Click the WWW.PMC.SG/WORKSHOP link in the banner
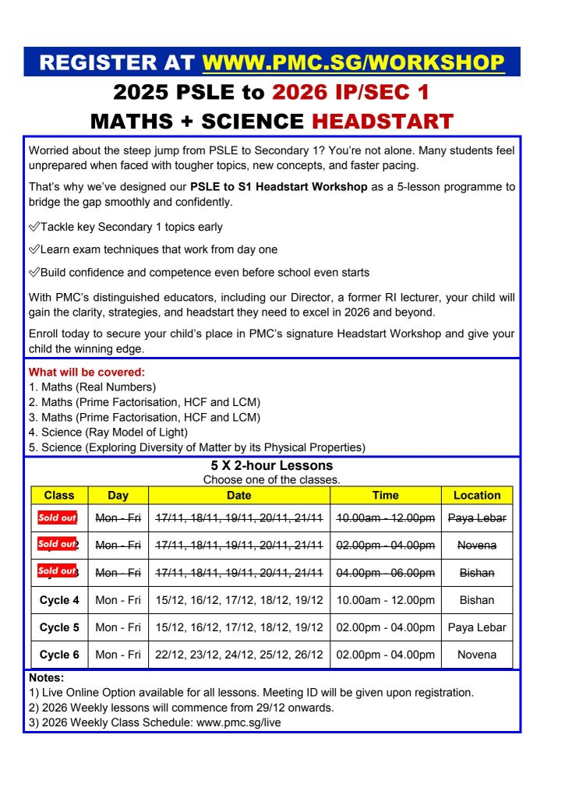tap(353, 62)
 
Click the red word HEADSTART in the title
tap(383, 122)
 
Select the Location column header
tap(477, 495)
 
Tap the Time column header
tap(385, 495)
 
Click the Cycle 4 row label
tap(59, 600)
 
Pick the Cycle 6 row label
tap(59, 655)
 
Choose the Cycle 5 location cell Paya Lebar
tap(477, 627)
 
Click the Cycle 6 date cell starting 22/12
tap(238, 655)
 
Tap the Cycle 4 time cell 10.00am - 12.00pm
tap(385, 600)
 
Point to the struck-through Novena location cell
tap(477, 546)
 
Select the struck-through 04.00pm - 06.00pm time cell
tap(385, 573)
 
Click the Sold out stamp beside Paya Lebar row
tap(57, 517)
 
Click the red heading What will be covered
tap(87, 373)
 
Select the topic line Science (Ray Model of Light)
tap(108, 432)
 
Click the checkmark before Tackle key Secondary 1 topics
tap(34, 228)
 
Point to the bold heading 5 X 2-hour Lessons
tap(271, 466)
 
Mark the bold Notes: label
tap(46, 678)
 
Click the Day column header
tap(118, 495)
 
